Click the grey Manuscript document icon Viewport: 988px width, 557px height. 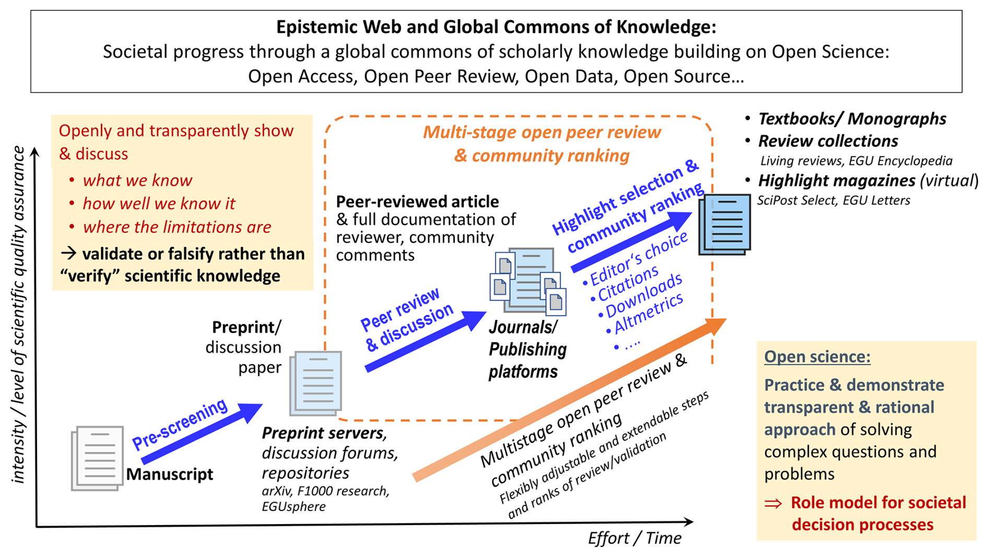coord(98,458)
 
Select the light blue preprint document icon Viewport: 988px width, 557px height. coord(316,383)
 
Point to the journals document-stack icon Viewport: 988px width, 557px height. coord(528,281)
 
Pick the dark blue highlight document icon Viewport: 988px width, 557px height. coord(725,224)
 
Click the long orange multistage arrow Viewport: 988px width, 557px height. coord(569,399)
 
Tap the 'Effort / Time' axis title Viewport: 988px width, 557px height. coord(634,538)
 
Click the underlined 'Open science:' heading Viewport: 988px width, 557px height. coord(817,357)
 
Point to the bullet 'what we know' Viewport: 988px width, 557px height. coord(137,181)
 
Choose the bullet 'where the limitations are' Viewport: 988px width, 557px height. coord(177,227)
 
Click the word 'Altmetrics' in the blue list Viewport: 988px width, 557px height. coord(649,313)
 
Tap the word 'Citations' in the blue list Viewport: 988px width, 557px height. coord(628,283)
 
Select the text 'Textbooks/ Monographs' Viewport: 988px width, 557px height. coord(852,119)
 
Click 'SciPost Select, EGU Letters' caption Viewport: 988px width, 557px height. coord(833,200)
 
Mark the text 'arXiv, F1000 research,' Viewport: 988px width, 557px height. coord(325,491)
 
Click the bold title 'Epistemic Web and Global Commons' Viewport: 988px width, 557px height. coord(496,27)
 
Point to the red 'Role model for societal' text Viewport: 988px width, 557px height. coord(878,503)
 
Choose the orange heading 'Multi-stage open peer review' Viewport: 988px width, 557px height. coord(542,133)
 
